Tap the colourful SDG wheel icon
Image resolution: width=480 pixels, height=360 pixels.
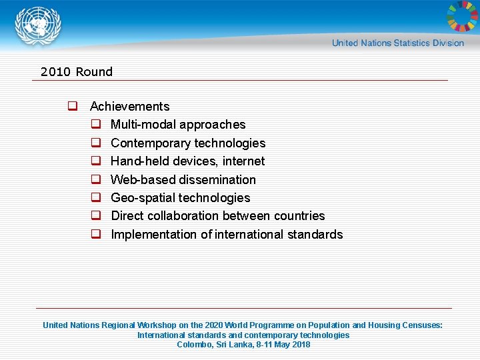pyautogui.click(x=461, y=17)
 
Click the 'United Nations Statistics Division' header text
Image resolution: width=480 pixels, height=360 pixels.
pyautogui.click(x=398, y=43)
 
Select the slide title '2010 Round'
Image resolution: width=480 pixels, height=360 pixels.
pyautogui.click(x=76, y=71)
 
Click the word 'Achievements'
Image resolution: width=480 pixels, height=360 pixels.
pyautogui.click(x=129, y=107)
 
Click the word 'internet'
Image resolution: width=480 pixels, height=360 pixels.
pyautogui.click(x=244, y=161)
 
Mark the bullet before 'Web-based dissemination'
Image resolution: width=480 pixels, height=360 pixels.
pyautogui.click(x=96, y=179)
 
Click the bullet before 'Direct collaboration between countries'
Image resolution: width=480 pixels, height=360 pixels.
pyautogui.click(x=96, y=216)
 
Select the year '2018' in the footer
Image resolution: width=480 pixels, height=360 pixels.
pyautogui.click(x=300, y=345)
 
